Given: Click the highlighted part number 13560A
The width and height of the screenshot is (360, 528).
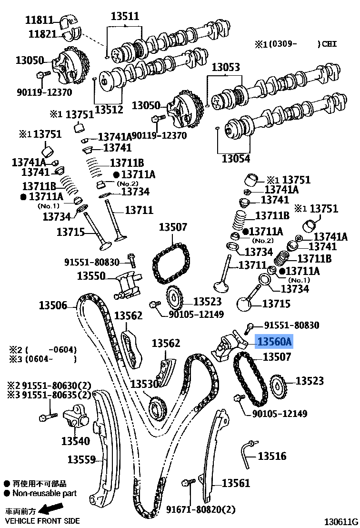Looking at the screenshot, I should pos(274,342).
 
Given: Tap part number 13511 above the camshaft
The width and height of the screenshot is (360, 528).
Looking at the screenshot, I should pos(125,17).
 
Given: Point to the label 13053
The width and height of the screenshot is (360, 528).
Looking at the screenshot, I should pos(226,67).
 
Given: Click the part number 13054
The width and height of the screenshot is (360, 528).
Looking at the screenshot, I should pos(236,158).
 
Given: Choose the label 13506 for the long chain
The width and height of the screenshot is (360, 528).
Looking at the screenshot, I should pos(53,305).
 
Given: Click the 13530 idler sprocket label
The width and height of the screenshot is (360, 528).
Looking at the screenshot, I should pos(144,384).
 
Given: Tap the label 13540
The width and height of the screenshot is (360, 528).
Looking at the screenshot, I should pos(75,441).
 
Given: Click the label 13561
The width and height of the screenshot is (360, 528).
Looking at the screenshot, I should pos(236,483).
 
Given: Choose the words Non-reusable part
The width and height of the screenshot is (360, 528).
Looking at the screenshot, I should pos(44,494).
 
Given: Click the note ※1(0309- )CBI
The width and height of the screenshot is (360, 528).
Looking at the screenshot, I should pos(295,44).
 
